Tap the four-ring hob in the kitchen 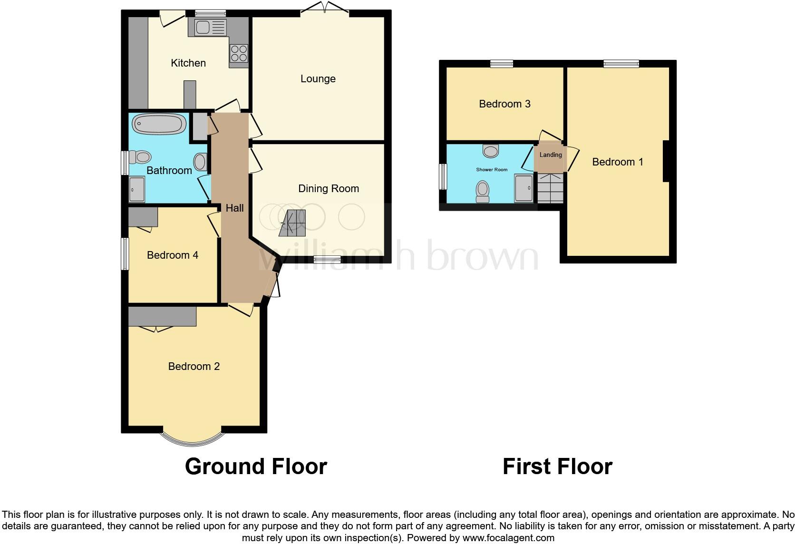[239, 53]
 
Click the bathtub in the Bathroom [159, 125]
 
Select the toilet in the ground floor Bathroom [140, 156]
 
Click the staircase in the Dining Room [292, 223]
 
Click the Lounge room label [318, 79]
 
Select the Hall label [234, 208]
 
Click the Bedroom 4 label [172, 255]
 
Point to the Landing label [551, 155]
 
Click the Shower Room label [492, 169]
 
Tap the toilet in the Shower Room [483, 191]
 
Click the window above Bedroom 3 [502, 64]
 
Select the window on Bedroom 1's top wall [621, 64]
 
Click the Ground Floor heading [256, 466]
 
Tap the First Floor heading [557, 466]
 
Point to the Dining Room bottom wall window [327, 259]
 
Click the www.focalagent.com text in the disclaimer [508, 538]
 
